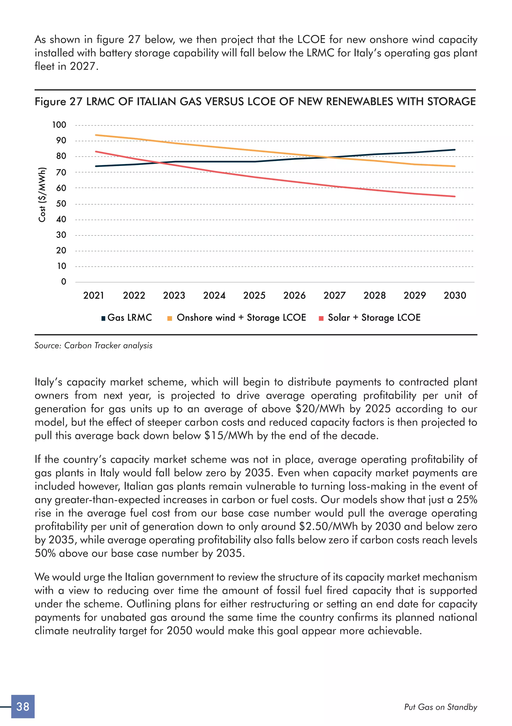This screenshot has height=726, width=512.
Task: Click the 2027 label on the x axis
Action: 334,295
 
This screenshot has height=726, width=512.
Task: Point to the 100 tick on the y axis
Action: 59,125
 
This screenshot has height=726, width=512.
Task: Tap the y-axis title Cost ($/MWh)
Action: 42,194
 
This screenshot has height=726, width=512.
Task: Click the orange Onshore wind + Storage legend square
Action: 169,318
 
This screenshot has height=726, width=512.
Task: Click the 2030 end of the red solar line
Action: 454,196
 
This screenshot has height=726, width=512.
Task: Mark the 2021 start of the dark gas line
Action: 96,166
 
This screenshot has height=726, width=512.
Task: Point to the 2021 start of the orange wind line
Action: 96,135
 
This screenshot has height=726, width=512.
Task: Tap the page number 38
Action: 23,707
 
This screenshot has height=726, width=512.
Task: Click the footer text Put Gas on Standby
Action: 440,707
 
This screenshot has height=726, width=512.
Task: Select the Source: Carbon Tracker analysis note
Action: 93,345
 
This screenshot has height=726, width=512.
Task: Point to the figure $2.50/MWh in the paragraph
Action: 328,526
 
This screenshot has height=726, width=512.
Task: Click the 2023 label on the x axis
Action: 174,295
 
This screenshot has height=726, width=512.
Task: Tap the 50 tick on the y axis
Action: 61,204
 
